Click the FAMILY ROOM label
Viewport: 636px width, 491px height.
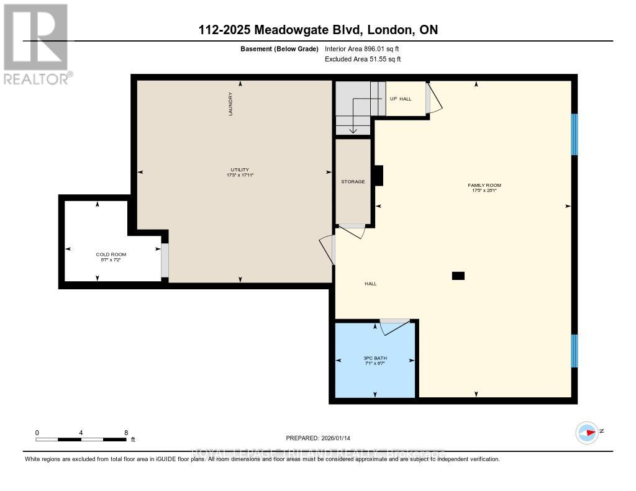coord(484,185)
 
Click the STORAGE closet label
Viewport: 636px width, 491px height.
coord(353,182)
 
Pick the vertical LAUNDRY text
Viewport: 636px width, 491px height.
coord(230,105)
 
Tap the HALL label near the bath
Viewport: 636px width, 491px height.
coord(370,284)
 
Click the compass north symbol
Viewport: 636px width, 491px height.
coord(587,432)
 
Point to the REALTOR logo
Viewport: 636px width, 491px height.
coord(35,43)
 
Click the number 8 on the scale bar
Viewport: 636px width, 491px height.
coord(126,433)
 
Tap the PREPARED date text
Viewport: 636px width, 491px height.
coord(322,438)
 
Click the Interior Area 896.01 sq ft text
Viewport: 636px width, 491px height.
coord(366,48)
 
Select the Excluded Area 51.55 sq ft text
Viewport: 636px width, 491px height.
coord(363,59)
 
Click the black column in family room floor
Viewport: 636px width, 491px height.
coord(458,276)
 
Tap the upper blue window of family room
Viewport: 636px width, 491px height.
coord(575,134)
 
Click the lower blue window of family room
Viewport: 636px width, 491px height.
coord(575,351)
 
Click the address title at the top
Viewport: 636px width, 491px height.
coord(317,30)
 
